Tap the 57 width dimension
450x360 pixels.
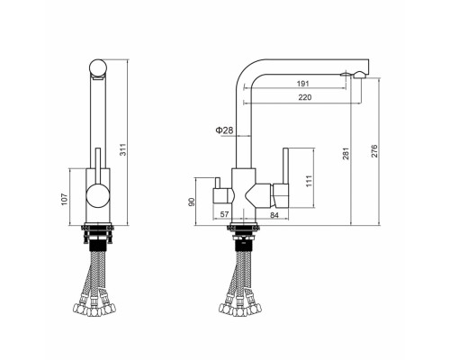point(223,213)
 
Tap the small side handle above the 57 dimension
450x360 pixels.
point(219,193)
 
